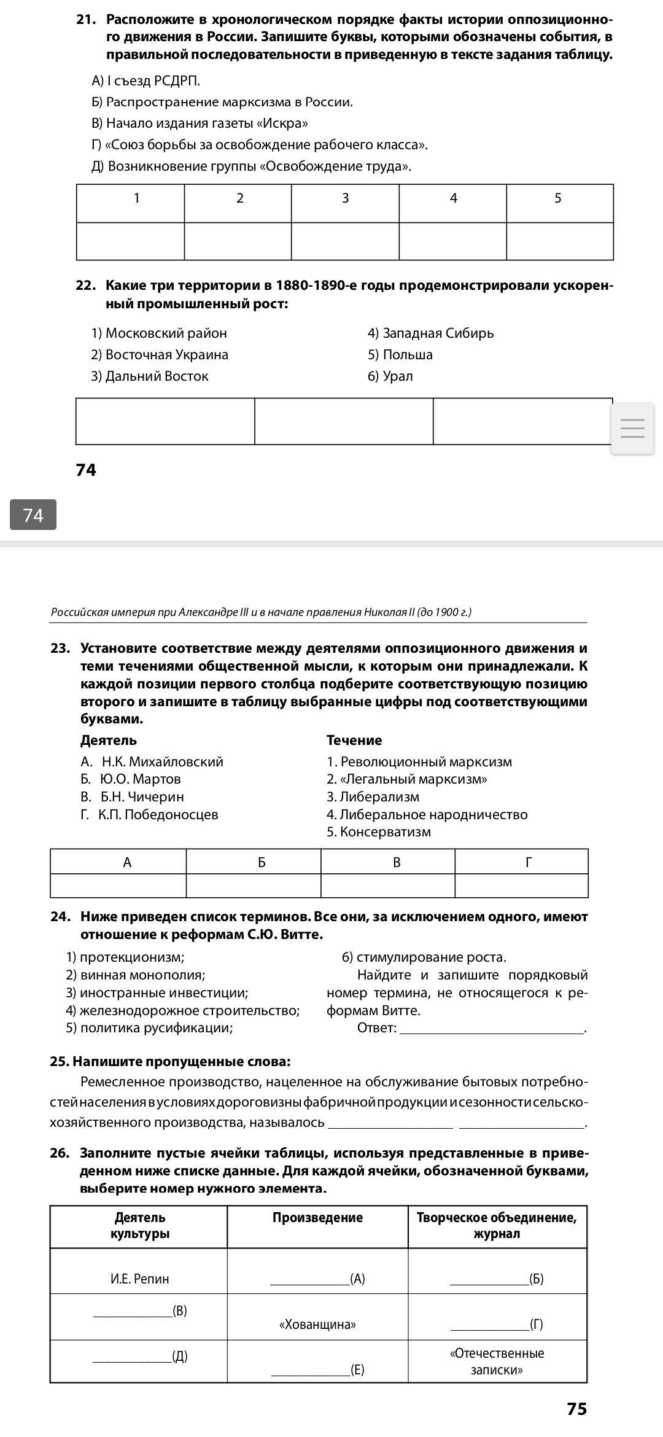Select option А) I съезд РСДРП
pos(146,81)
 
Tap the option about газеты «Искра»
pos(200,123)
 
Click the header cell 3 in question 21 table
pos(345,198)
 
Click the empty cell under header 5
pos(559,241)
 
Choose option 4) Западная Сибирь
pos(431,333)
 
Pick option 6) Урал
pos(390,376)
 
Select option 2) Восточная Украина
pos(160,355)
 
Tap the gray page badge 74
pos(33,515)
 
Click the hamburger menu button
pos(632,428)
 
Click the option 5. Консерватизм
pos(379,832)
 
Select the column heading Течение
pos(354,741)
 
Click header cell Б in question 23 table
pos(262,863)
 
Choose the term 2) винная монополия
pos(136,975)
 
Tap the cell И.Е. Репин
pos(140,1279)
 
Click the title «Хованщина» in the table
pos(317,1325)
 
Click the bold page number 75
pos(576,1409)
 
